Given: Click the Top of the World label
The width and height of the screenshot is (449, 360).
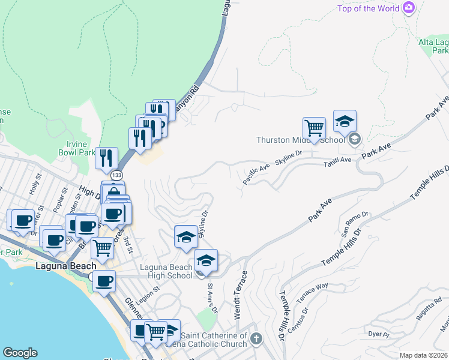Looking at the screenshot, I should pos(369,8).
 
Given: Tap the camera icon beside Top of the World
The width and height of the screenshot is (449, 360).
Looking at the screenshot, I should pos(409,8).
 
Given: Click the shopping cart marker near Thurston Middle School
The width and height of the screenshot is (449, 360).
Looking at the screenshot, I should pos(313,128).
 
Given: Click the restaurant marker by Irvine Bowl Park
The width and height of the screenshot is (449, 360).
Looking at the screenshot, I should pos(106,159).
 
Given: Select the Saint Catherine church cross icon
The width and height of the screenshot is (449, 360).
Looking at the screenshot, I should pos(256,340).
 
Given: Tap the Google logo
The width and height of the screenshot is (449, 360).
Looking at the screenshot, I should pos(20,353).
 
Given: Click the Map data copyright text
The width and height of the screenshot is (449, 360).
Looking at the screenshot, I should pos(424,355).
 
